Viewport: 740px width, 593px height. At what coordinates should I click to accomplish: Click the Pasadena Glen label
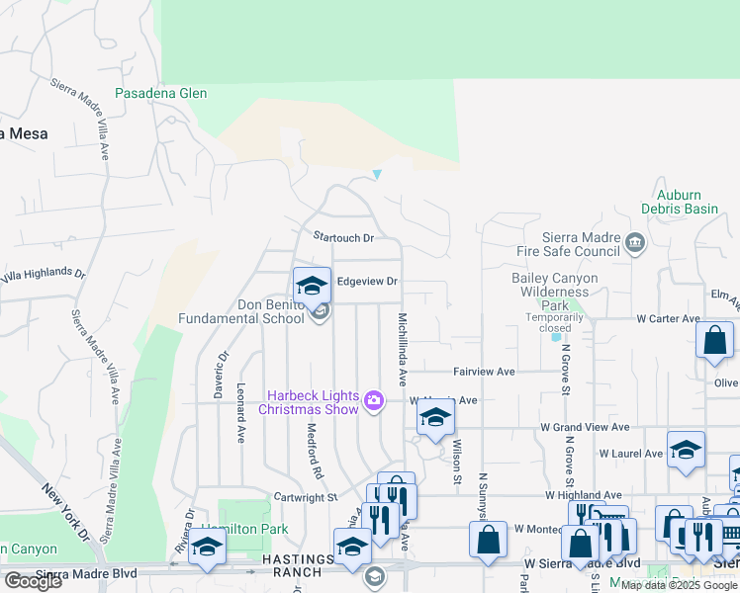161,93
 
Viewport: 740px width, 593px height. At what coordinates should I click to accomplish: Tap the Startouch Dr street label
343,237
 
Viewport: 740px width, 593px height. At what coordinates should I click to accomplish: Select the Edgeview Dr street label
367,282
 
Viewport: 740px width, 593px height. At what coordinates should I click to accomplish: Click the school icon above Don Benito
313,286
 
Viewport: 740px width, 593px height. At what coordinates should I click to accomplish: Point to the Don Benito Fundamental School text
256,312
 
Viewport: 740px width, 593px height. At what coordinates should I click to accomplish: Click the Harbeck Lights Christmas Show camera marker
374,400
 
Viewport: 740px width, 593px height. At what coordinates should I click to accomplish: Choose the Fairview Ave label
485,372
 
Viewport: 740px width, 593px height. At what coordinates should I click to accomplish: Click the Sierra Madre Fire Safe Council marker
635,240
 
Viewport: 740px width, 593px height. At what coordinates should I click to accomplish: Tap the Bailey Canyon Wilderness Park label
554,292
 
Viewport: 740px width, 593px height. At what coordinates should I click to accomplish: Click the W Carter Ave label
669,319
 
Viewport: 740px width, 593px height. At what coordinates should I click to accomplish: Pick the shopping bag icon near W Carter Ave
714,341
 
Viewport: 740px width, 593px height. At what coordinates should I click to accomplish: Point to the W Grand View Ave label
585,428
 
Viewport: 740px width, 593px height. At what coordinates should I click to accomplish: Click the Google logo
33,581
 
